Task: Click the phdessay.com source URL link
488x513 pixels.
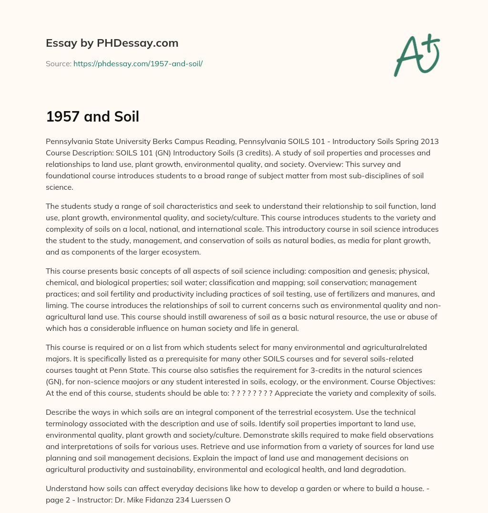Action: click(138, 63)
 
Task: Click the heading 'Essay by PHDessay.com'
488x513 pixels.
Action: click(112, 43)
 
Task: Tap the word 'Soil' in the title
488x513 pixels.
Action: click(125, 116)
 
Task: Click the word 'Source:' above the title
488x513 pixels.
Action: click(58, 63)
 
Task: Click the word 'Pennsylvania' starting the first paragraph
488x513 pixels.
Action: click(69, 142)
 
